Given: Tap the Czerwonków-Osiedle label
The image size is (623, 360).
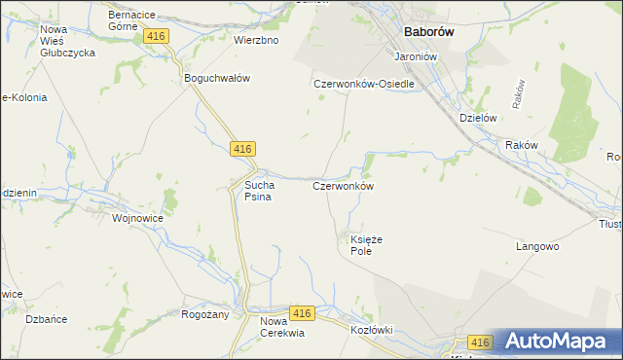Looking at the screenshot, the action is tap(364, 85).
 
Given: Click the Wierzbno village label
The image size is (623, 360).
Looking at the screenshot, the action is tap(256, 41).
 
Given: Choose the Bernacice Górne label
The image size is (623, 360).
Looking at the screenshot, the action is tap(133, 21).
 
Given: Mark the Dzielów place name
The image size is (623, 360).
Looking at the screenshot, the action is tap(478, 118).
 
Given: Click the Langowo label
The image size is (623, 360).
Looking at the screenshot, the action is tap(536, 247).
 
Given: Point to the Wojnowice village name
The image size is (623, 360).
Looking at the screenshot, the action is tap(137, 219).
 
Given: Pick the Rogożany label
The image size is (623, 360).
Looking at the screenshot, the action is tap(204, 314).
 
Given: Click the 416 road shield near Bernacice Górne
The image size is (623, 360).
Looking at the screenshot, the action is tap(157, 36).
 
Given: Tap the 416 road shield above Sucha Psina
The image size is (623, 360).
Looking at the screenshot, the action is tap(243, 149).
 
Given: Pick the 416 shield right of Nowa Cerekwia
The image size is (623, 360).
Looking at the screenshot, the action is tap(302, 313).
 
